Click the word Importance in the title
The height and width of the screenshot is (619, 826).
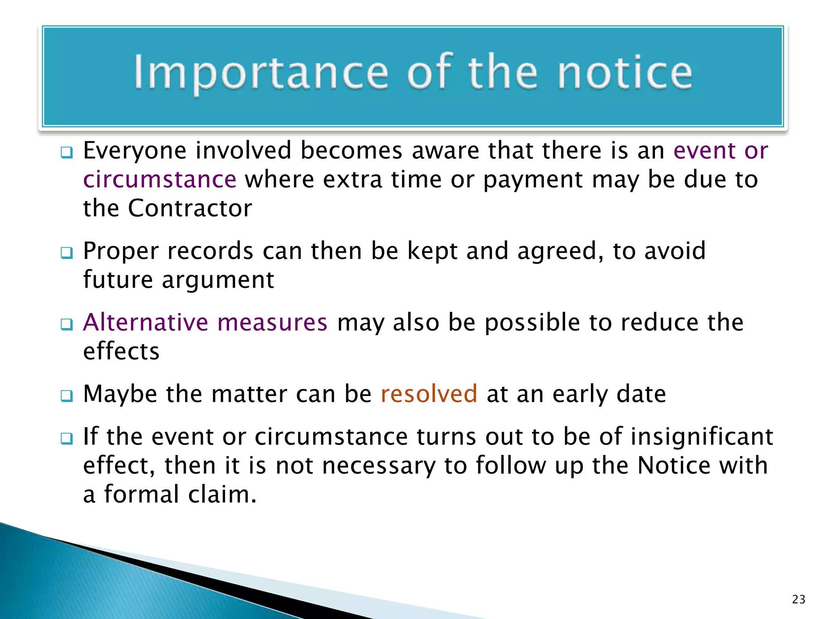tap(261, 73)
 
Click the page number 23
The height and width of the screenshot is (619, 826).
tap(799, 599)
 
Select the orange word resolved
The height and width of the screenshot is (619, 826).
tap(429, 394)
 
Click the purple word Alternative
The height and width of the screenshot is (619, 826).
tap(146, 322)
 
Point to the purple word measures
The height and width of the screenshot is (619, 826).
tap(272, 322)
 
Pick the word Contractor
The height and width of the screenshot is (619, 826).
tap(190, 208)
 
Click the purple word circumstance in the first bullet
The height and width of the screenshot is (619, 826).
tap(160, 179)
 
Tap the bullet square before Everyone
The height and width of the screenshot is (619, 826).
tap(67, 153)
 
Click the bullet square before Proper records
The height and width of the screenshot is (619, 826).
tap(67, 253)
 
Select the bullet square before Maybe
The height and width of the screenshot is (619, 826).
tap(67, 396)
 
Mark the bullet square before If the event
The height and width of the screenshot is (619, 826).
tap(67, 438)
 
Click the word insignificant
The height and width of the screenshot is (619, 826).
tap(702, 436)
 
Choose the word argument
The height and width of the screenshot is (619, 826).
tap(218, 280)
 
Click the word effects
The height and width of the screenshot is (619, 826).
tap(121, 351)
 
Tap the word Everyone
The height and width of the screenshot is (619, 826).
tap(135, 151)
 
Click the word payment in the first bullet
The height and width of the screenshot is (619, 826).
tap(533, 180)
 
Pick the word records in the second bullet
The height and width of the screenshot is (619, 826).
tap(210, 251)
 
